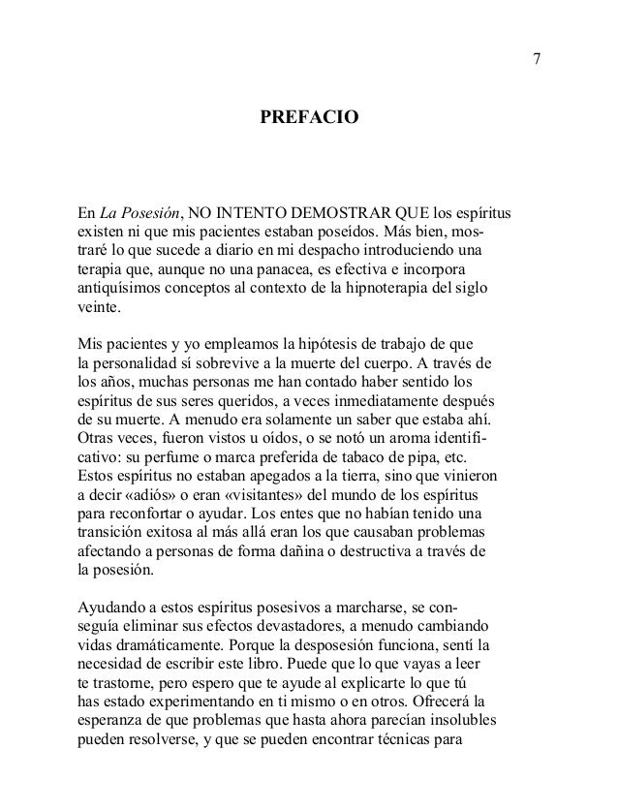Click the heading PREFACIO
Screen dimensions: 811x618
click(x=310, y=119)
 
